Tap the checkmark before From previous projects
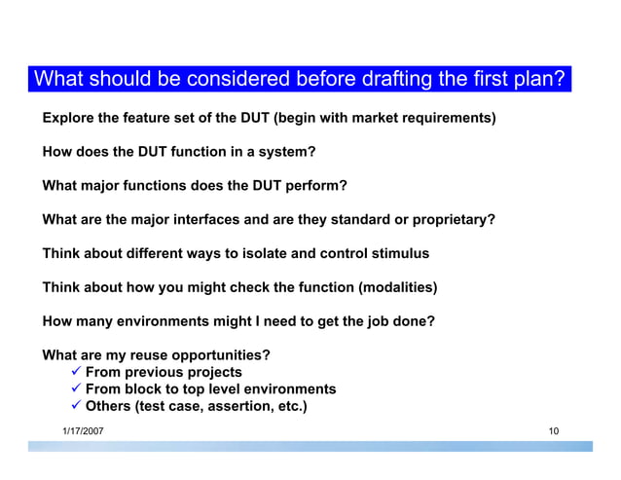pos(74,372)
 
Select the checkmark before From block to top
pos(74,389)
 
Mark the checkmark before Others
pos(74,407)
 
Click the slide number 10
pos(553,429)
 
